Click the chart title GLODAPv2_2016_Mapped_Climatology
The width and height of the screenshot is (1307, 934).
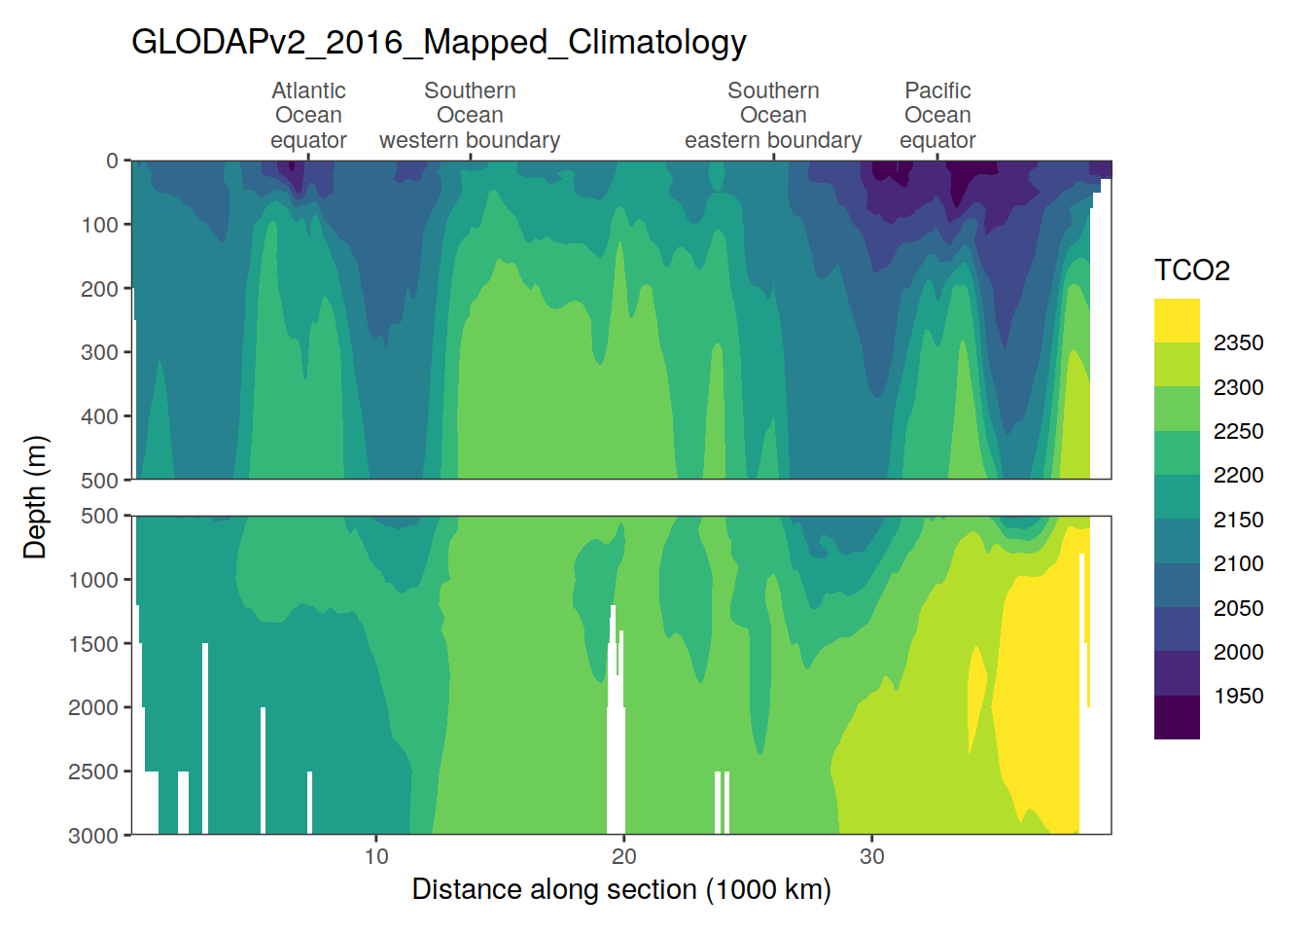click(x=439, y=42)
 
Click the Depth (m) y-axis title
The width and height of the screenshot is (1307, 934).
click(x=35, y=497)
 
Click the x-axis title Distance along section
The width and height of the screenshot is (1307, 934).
click(x=620, y=889)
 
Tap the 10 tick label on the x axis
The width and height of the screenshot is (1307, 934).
click(x=376, y=856)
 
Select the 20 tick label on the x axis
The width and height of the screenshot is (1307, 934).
click(x=624, y=856)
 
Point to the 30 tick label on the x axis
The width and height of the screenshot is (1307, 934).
click(x=872, y=856)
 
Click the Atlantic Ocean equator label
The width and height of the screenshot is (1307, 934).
click(x=308, y=115)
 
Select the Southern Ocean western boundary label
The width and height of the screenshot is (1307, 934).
click(x=470, y=115)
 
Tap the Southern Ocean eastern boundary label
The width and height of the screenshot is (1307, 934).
click(x=773, y=115)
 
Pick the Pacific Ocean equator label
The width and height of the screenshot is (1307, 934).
click(x=937, y=115)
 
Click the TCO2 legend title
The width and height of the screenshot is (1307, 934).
click(x=1191, y=270)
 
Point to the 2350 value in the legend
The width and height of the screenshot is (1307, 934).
click(x=1238, y=342)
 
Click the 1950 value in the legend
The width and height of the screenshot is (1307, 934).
click(x=1238, y=696)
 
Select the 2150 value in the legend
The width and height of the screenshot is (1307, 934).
click(x=1238, y=520)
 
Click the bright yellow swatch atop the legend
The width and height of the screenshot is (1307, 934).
click(x=1177, y=320)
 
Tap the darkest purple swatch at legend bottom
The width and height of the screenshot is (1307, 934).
click(x=1177, y=718)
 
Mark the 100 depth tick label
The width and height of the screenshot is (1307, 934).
click(x=99, y=225)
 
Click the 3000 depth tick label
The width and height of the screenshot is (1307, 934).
click(x=93, y=836)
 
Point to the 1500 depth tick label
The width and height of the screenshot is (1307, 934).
click(x=93, y=644)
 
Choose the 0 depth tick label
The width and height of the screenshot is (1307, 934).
click(x=112, y=161)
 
